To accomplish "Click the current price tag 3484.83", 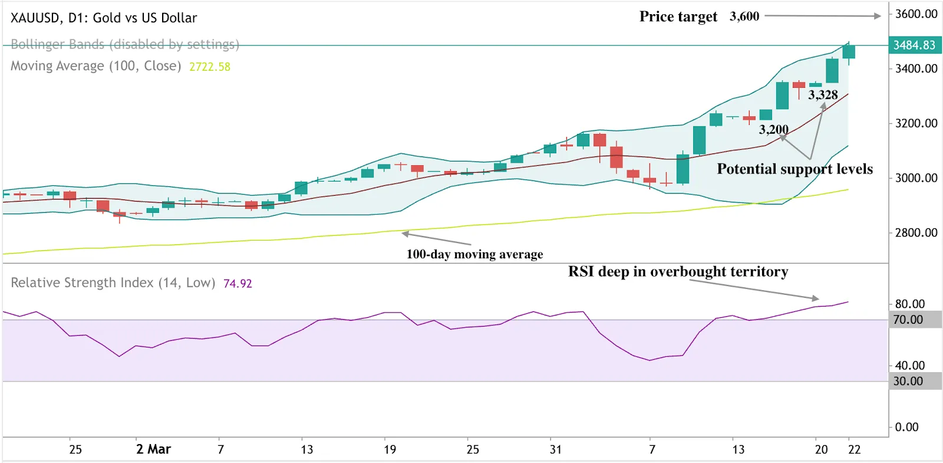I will click(914, 45).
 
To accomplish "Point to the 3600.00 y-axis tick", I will click(915, 14).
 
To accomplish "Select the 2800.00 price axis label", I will click(915, 233).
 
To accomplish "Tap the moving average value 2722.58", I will click(209, 67).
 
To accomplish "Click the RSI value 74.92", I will click(238, 284).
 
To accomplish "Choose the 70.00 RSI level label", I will click(908, 320).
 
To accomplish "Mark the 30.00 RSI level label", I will click(908, 381).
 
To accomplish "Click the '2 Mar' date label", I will click(153, 449).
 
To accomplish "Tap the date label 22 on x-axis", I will click(854, 449).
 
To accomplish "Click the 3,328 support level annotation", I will click(823, 95).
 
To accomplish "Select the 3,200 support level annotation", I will click(773, 130).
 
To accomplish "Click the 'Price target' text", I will click(678, 17).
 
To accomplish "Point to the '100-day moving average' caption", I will click(474, 254).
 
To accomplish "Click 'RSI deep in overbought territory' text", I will click(678, 271).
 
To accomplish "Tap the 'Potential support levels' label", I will click(794, 169).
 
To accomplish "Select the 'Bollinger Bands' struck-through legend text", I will click(125, 44).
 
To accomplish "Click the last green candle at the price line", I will click(849, 51).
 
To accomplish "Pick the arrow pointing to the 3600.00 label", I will click(822, 16).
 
